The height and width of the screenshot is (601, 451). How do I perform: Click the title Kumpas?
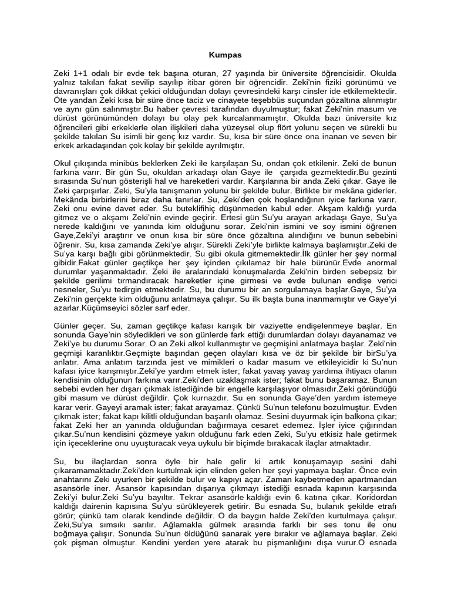[225, 55]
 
